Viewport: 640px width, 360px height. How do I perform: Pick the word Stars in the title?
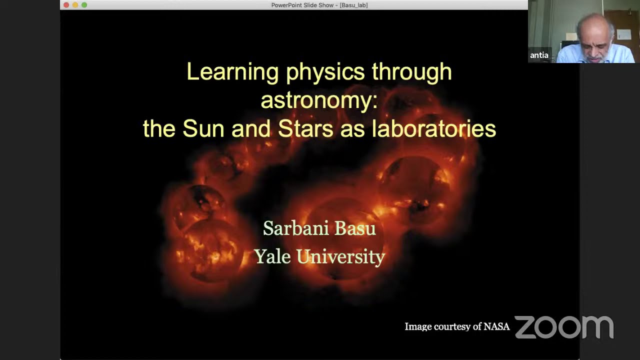[305, 129]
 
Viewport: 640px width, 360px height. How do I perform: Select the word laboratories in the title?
[433, 129]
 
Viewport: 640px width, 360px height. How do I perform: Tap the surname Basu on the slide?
[355, 228]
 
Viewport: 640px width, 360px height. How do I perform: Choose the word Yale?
[271, 256]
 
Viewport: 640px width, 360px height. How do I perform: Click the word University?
[341, 257]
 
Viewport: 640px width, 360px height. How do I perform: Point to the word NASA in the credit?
[496, 326]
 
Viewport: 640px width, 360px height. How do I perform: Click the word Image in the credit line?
[418, 327]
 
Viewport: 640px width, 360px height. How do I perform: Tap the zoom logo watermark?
[564, 327]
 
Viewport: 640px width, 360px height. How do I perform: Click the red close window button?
[66, 5]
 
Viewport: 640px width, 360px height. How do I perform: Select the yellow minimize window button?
[75, 5]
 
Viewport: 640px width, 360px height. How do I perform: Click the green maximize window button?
[84, 5]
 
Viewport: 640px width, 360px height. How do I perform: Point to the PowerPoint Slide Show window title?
[319, 5]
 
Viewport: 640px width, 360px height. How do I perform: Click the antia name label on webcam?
[539, 55]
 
